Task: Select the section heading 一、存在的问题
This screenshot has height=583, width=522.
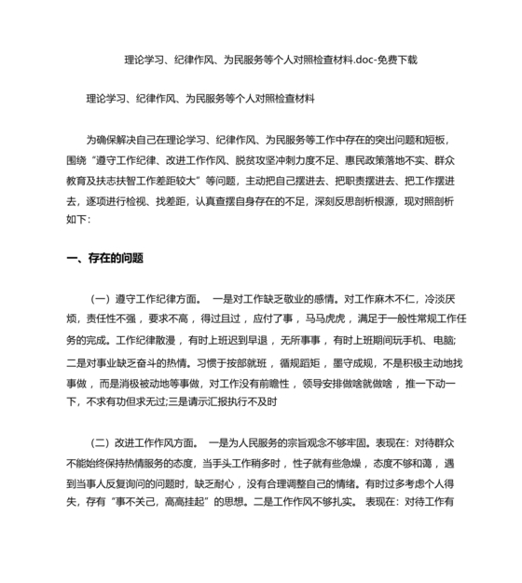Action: tap(105, 258)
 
